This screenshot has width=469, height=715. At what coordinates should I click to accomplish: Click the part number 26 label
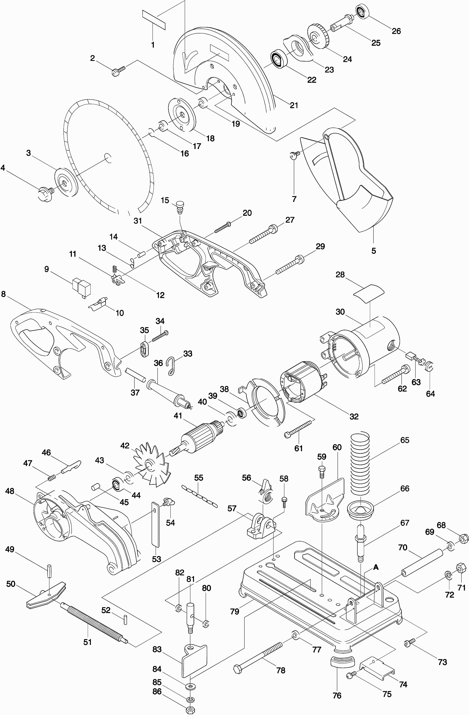pos(396,31)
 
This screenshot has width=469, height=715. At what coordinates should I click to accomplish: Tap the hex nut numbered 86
pos(190,708)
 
